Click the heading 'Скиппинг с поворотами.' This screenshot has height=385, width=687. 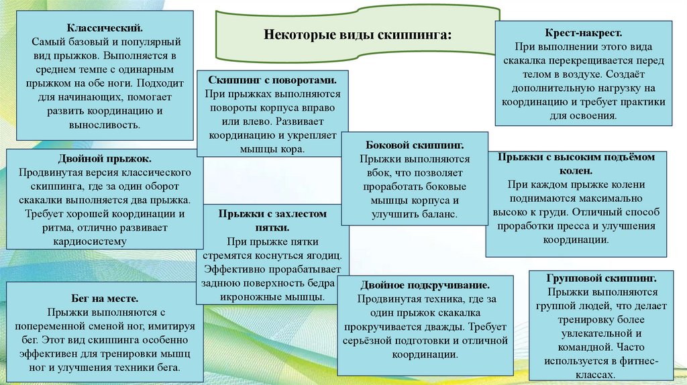pos(272,78)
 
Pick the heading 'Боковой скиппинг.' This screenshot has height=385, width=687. pos(415,145)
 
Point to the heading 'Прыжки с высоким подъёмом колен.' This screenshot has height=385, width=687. pos(576,162)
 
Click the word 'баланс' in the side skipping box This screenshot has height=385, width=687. pos(438,215)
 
